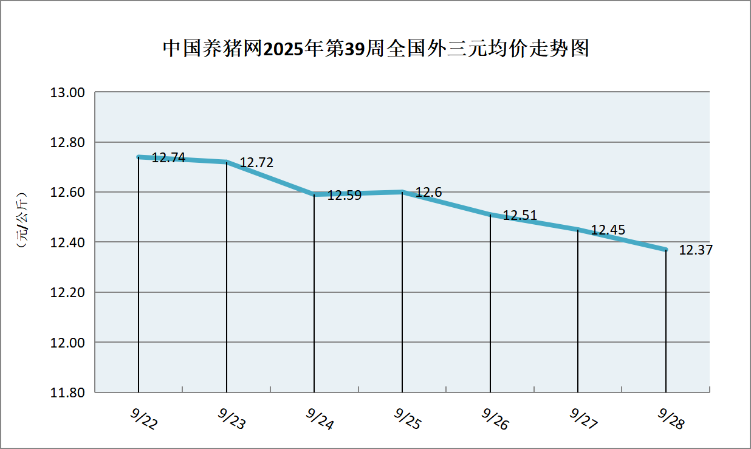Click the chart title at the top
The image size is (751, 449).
tap(375, 49)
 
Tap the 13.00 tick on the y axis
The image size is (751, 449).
tap(70, 93)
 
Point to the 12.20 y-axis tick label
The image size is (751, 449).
tap(70, 293)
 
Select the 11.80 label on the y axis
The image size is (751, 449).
tap(70, 392)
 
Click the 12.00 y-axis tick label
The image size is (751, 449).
tap(70, 343)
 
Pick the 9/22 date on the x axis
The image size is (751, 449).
tap(143, 419)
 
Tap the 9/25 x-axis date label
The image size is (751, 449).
tap(407, 419)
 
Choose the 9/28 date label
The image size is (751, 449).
tap(671, 419)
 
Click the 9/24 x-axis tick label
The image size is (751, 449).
tap(320, 419)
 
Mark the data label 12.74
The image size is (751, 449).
tap(168, 158)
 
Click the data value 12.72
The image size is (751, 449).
tap(256, 163)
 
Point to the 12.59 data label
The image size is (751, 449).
tap(345, 196)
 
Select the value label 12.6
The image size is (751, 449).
tap(428, 193)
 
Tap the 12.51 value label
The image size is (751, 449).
tap(520, 216)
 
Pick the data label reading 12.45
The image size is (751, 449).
tap(608, 230)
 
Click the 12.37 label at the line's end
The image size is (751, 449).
tap(696, 250)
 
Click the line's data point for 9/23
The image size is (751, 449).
tap(227, 162)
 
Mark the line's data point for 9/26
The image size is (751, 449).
tap(490, 214)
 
